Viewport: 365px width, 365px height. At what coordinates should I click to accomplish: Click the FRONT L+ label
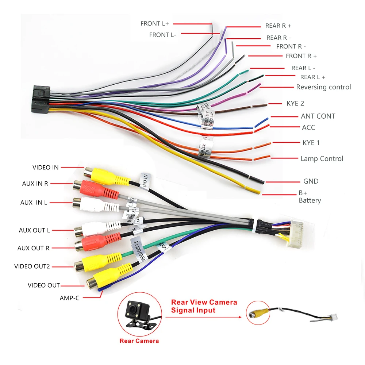pos(155,24)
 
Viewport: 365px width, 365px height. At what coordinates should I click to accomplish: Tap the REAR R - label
pos(278,38)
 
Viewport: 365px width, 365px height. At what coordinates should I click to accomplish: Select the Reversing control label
pos(323,87)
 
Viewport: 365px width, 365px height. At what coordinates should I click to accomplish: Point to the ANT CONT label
pos(318,116)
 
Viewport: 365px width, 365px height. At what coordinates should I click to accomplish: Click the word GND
pos(311,181)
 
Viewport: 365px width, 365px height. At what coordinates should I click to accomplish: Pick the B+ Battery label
pos(310,197)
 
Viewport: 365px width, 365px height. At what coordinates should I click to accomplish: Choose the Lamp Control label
pos(322,159)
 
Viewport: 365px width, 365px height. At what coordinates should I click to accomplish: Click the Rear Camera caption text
pos(139,341)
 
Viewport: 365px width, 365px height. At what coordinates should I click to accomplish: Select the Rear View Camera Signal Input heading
pos(204,306)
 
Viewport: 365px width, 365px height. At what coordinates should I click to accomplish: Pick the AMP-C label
pos(69,298)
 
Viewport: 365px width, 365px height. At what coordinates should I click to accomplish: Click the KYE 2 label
pos(295,103)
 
